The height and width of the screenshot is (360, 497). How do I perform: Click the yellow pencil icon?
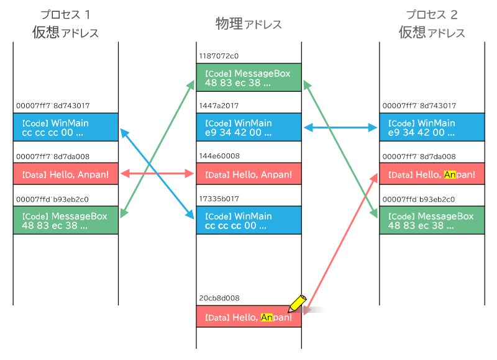298,304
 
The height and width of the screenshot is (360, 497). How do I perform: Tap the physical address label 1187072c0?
219,56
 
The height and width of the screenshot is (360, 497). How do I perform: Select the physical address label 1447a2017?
219,106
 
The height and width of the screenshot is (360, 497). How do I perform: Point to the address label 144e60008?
219,156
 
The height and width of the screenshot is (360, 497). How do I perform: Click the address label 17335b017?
219,199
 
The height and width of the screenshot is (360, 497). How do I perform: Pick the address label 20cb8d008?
219,299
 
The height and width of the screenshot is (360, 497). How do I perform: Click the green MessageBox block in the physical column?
249,78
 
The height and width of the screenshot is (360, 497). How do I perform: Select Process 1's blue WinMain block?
66,127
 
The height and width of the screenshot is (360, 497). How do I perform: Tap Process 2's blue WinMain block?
432,127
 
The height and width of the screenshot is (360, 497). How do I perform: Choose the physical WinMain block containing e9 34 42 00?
249,127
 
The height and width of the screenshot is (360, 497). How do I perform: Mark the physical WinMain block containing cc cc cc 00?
249,220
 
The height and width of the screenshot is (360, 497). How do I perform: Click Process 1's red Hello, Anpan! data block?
66,174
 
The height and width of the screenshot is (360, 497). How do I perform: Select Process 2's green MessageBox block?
432,220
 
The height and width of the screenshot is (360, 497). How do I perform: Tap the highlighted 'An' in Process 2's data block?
450,174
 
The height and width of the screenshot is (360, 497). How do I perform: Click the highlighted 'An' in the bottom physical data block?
267,317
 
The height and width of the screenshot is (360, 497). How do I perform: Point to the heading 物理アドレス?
248,24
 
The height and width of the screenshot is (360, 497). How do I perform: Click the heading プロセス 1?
66,14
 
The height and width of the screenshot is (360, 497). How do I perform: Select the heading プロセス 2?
432,14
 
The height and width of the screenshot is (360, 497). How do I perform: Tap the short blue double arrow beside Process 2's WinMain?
340,128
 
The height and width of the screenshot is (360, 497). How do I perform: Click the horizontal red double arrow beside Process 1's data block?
157,174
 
